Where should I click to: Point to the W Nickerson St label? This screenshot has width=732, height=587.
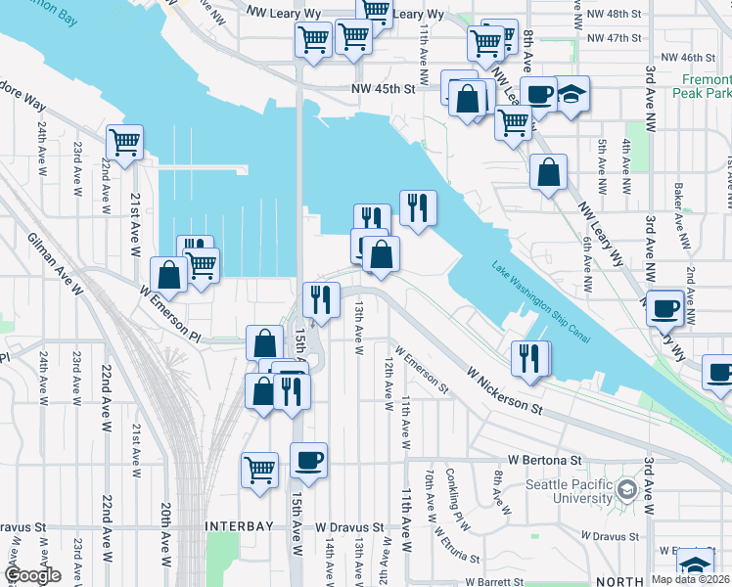pyautogui.click(x=504, y=388)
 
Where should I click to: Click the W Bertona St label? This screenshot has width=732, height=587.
pyautogui.click(x=544, y=459)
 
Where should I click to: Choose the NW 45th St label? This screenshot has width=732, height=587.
pyautogui.click(x=385, y=88)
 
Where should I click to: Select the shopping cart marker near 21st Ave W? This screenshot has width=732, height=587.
pyautogui.click(x=125, y=143)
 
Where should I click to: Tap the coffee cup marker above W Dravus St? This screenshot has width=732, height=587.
pyautogui.click(x=309, y=460)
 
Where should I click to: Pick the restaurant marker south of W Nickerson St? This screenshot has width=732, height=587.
pyautogui.click(x=530, y=355)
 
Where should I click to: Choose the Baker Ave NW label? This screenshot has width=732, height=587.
pyautogui.click(x=677, y=201)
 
